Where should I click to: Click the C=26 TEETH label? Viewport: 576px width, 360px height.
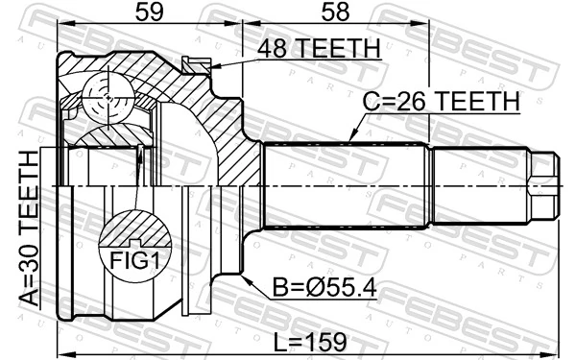tap(441, 102)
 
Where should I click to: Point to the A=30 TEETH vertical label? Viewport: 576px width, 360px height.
tap(28, 228)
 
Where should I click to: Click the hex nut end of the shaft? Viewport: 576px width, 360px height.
tap(544, 185)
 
